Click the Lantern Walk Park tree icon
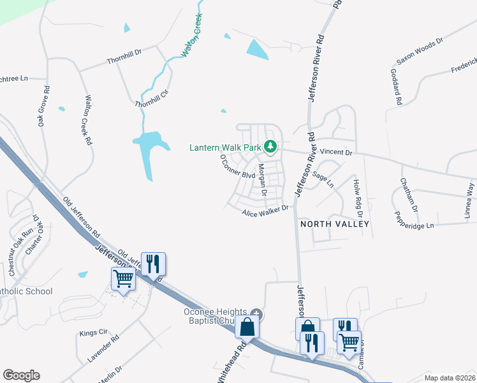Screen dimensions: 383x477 (270, 147)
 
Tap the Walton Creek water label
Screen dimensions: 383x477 (193, 36)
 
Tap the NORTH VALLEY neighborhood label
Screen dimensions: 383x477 (334, 224)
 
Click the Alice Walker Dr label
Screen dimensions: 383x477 (265, 211)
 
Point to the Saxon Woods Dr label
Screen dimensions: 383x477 (419, 51)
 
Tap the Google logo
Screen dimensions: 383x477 (21, 375)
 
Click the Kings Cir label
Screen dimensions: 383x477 (92, 333)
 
